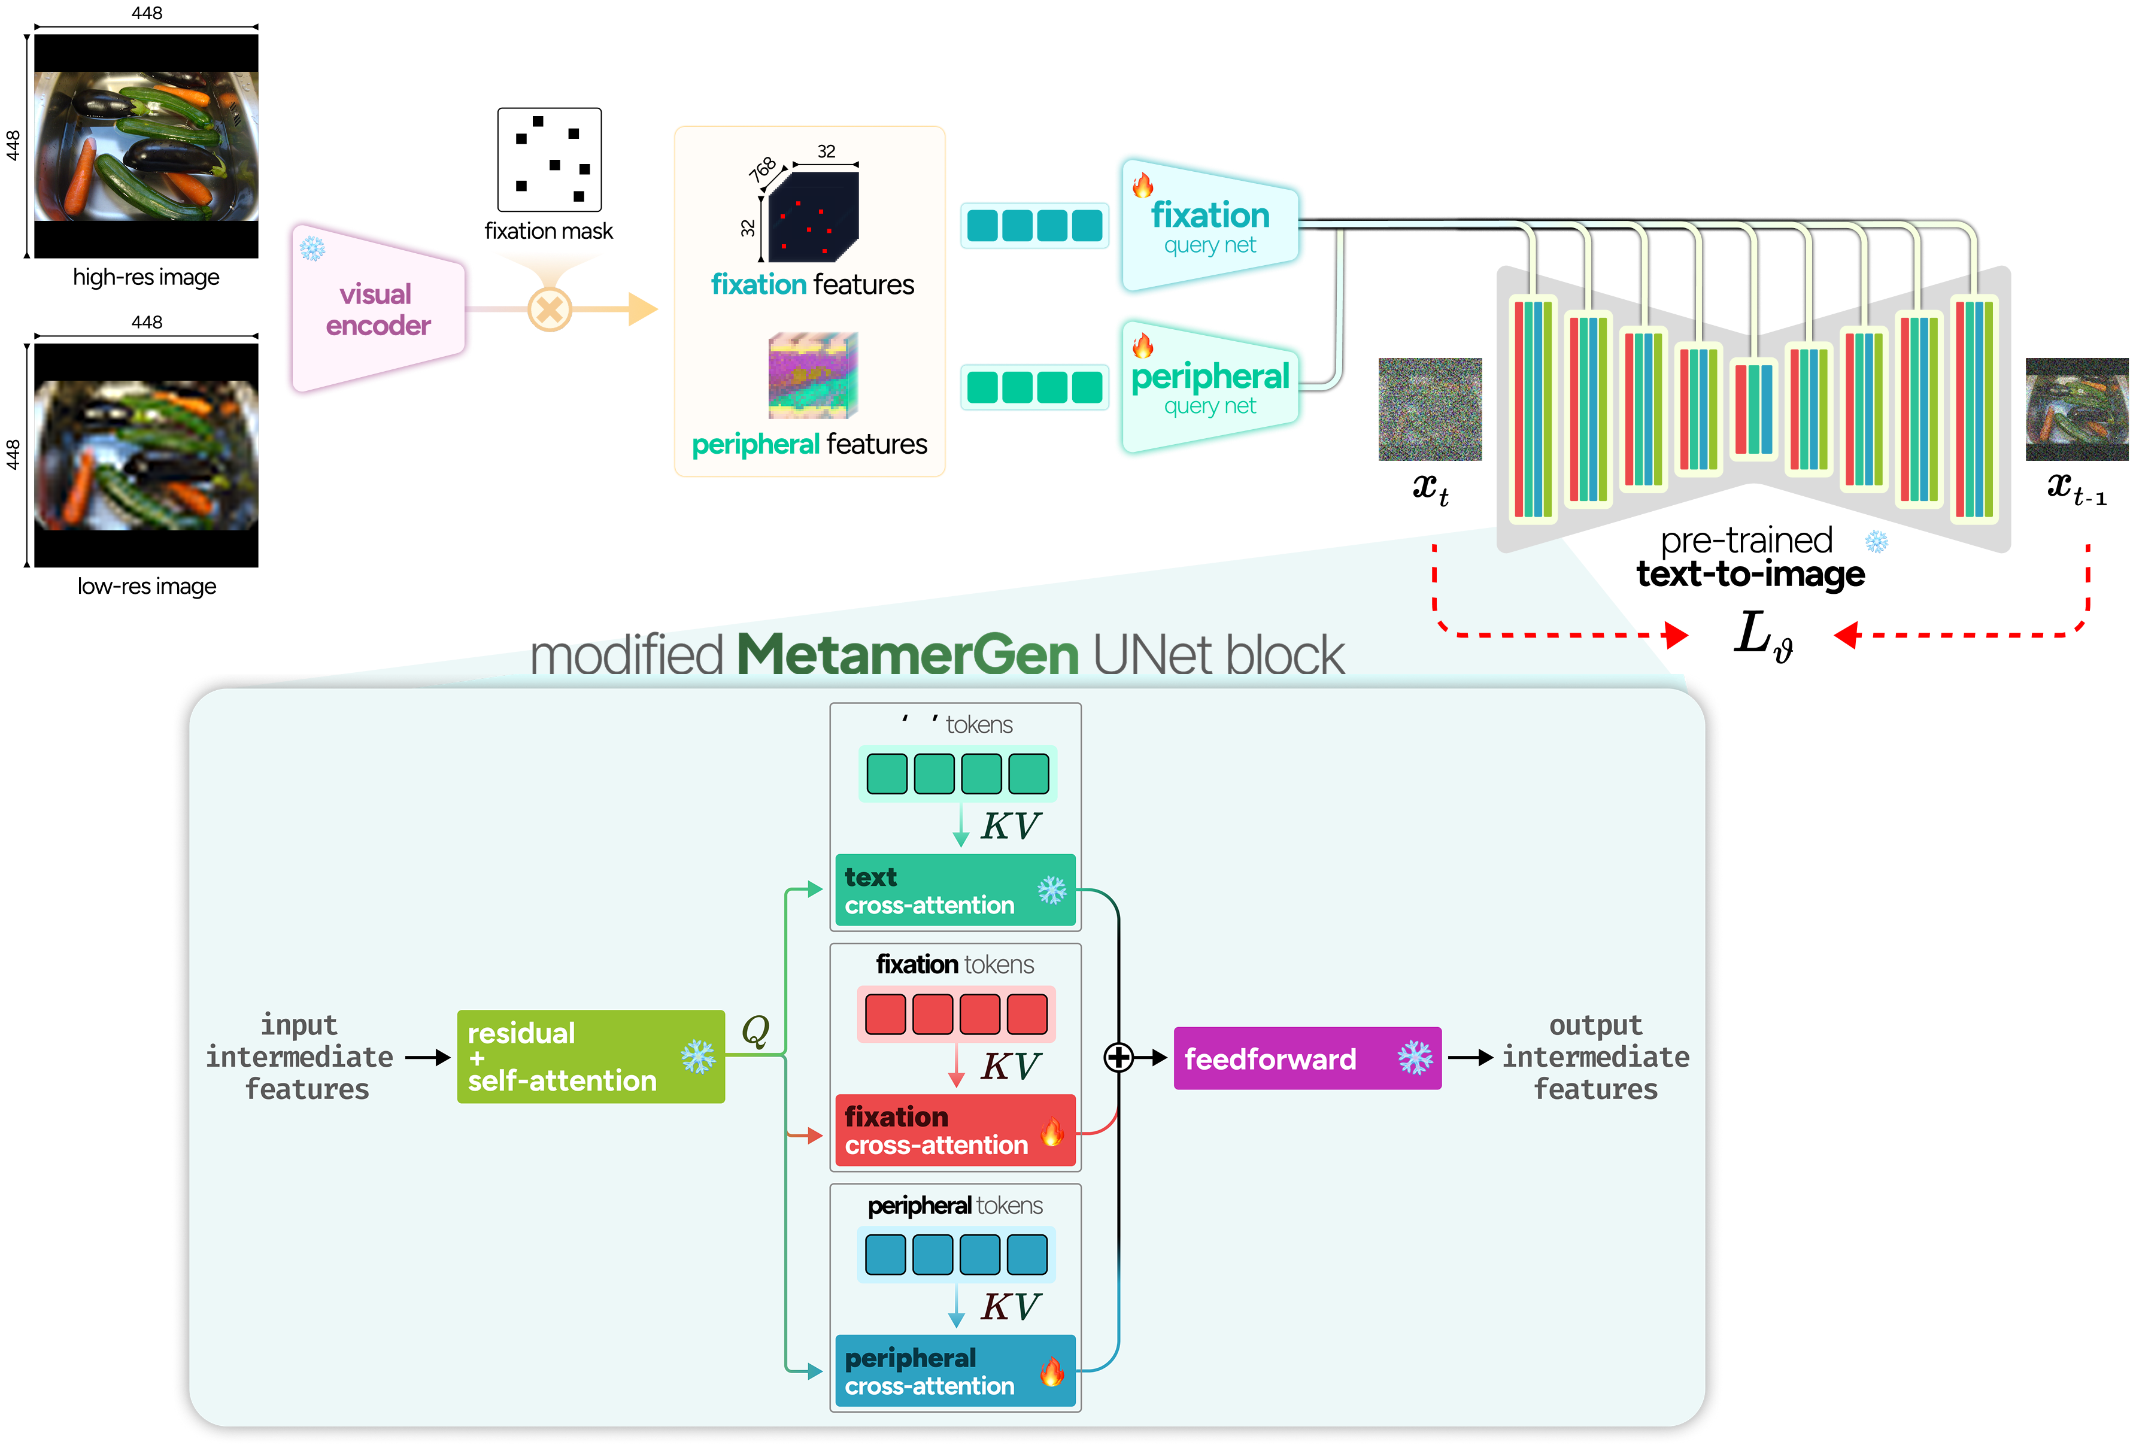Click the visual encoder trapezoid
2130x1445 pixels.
pos(378,309)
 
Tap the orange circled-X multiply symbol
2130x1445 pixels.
pos(549,309)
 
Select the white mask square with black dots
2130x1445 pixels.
pos(549,159)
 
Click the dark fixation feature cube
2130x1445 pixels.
pos(812,217)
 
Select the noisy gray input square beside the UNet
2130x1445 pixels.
pos(1430,409)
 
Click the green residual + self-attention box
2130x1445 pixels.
pos(590,1057)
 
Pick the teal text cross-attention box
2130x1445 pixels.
pos(955,891)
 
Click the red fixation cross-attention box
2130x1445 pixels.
pos(955,1131)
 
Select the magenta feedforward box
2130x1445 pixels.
pos(1307,1058)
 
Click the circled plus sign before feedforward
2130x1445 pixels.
pos(1118,1057)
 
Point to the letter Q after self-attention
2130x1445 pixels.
pos(755,1030)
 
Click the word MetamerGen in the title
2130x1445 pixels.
pos(908,654)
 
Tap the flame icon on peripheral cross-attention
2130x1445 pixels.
pos(1052,1372)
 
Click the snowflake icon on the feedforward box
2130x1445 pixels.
pos(1414,1058)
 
